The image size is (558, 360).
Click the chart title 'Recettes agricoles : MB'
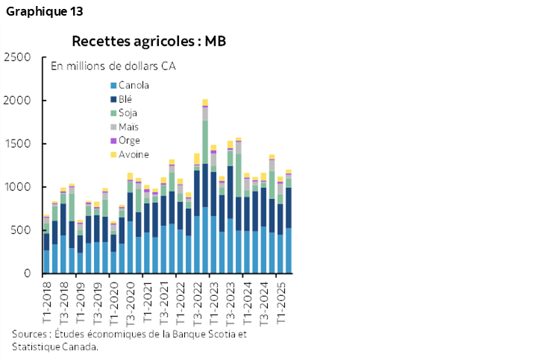pos(148,40)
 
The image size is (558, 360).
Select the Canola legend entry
pos(134,85)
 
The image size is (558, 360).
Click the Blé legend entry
pos(126,99)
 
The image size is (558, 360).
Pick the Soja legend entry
pos(128,113)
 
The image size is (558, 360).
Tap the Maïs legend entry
pos(128,127)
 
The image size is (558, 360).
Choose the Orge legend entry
pos(128,140)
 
